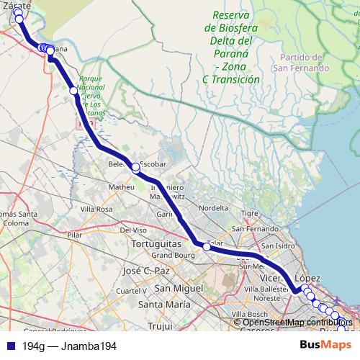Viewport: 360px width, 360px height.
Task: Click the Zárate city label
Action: click(16, 5)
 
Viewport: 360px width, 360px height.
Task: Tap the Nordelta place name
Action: click(214, 208)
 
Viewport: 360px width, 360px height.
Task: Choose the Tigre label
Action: click(250, 213)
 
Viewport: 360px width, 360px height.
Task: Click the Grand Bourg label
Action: click(170, 256)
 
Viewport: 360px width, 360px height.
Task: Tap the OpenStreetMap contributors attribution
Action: click(295, 322)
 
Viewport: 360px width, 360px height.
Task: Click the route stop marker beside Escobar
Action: click(135, 168)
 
